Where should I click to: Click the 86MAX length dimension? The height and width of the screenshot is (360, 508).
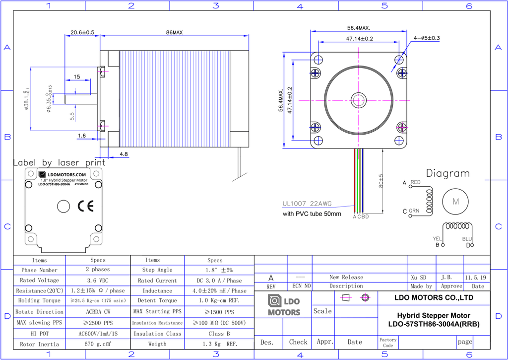(174, 32)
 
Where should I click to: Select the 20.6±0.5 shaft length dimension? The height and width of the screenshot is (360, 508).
(82, 32)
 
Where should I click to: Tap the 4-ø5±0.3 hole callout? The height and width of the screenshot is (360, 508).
(427, 38)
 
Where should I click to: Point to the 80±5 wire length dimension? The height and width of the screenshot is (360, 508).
(381, 181)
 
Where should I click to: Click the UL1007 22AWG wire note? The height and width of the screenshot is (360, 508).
(307, 204)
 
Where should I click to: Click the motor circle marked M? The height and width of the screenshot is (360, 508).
(455, 202)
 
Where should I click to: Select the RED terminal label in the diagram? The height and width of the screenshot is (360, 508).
(415, 182)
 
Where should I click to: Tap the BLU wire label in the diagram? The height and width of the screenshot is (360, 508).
(467, 239)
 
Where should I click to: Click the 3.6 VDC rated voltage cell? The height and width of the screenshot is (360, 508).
(98, 280)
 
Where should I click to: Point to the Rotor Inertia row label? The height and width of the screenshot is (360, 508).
(40, 344)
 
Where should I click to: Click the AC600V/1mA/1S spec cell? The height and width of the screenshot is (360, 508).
(98, 333)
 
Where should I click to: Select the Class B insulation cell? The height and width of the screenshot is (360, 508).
(219, 333)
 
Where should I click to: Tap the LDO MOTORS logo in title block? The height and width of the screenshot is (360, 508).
(284, 305)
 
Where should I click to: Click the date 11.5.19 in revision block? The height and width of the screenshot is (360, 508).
(476, 278)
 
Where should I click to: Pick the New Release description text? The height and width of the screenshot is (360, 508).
(346, 277)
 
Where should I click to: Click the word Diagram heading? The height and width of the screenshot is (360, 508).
(448, 173)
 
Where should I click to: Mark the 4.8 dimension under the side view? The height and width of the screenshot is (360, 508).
(124, 154)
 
